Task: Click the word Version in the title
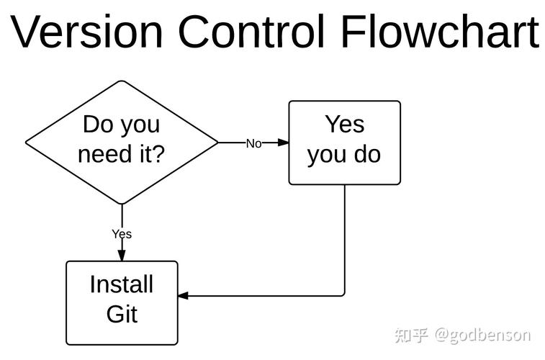[x=87, y=32]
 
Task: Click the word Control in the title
[x=251, y=32]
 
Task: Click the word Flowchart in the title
[x=439, y=32]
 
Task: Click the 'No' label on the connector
[x=253, y=143]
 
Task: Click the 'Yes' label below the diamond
[x=122, y=234]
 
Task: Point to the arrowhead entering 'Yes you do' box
[x=284, y=143]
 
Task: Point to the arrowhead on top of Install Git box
[x=122, y=256]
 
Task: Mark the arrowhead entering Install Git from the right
[x=183, y=295]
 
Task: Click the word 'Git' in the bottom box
[x=122, y=315]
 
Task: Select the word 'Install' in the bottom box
[x=122, y=284]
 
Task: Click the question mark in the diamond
[x=158, y=153]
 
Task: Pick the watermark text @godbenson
[x=483, y=335]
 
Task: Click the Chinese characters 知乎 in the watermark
[x=413, y=335]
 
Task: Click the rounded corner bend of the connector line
[x=343, y=293]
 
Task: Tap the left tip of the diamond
[x=27, y=142]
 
